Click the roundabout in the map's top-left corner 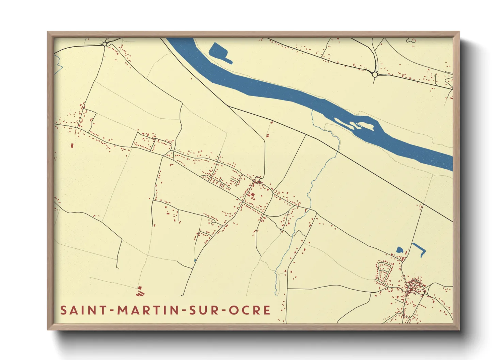click(x=105, y=44)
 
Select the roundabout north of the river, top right click(x=375, y=75)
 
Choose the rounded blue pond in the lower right click(x=400, y=250)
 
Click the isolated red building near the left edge click(x=72, y=145)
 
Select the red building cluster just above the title click(x=139, y=290)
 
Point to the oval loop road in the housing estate click(x=383, y=273)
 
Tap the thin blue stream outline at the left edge click(x=58, y=65)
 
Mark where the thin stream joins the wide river click(x=313, y=111)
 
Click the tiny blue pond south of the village click(x=195, y=260)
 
